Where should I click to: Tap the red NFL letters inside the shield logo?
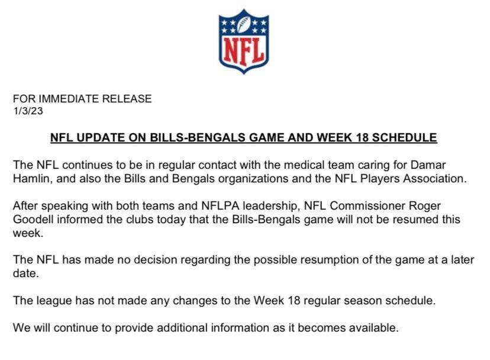(244, 52)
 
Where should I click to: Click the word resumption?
(325, 261)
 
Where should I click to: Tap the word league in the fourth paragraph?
(49, 300)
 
